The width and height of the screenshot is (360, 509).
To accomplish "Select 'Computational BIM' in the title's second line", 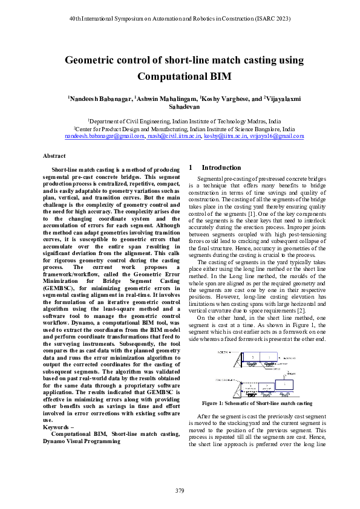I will pos(180,77).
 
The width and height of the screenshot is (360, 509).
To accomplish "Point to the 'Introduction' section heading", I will pos(221,167).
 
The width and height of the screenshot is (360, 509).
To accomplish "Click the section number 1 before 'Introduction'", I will pos(191,167).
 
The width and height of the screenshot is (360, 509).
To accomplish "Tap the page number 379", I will pos(180,490).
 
